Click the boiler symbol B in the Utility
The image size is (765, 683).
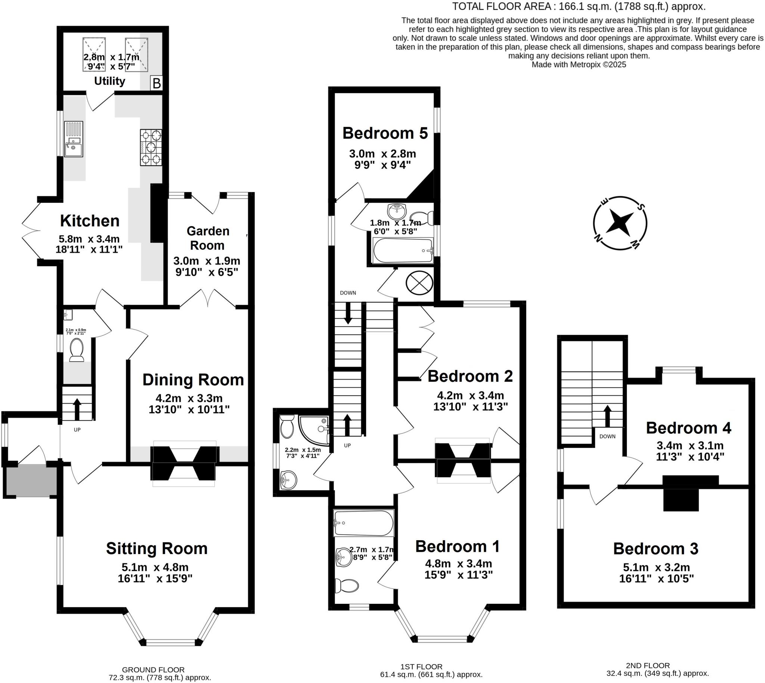[157, 83]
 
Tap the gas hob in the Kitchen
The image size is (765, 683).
[151, 147]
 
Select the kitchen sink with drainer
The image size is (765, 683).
[74, 139]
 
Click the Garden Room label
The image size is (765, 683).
[207, 238]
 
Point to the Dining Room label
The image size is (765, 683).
[193, 380]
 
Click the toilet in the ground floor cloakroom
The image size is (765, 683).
[77, 350]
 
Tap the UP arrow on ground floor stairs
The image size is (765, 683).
[77, 409]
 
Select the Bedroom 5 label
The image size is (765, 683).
[385, 133]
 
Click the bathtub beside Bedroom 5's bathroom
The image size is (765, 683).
[403, 250]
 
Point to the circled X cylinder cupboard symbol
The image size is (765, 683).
[419, 283]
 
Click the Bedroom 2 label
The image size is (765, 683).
[470, 376]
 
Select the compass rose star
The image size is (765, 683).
[620, 223]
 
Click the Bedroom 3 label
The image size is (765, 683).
[656, 548]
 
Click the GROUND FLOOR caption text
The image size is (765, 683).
[153, 669]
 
